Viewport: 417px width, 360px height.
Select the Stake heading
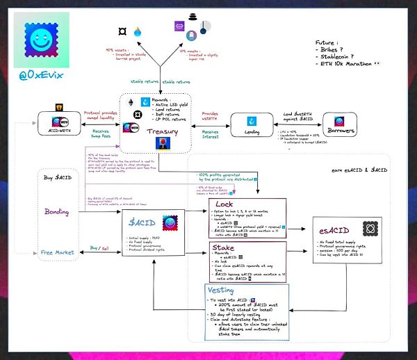click(222, 247)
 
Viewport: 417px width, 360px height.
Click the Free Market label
click(56, 252)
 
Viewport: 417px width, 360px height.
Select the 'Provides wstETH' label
click(210, 115)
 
